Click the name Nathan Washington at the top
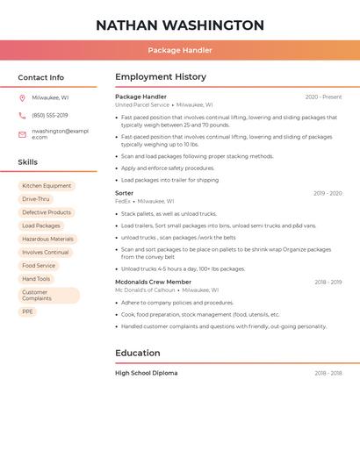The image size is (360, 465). point(180,25)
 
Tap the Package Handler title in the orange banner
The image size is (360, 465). point(180,50)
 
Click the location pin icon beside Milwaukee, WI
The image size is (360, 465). point(22,97)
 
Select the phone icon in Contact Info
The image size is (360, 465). point(22,116)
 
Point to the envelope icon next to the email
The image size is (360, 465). point(22,134)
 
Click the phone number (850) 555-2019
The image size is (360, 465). point(50,116)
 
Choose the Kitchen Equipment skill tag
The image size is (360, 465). point(47,186)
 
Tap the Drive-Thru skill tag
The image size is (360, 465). point(36,199)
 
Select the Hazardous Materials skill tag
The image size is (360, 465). point(47,239)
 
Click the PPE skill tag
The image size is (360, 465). point(27,311)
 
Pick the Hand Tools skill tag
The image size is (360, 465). point(36,279)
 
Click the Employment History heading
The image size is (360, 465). point(161,77)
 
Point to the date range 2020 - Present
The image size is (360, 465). point(323,97)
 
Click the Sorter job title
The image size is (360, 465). point(125,193)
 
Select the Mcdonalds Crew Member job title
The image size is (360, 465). point(153,282)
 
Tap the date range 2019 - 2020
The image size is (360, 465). point(327,193)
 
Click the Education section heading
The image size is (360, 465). point(138,353)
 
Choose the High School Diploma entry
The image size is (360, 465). point(146,373)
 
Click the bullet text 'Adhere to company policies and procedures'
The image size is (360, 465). point(177,303)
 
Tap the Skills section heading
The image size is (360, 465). point(28,162)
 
